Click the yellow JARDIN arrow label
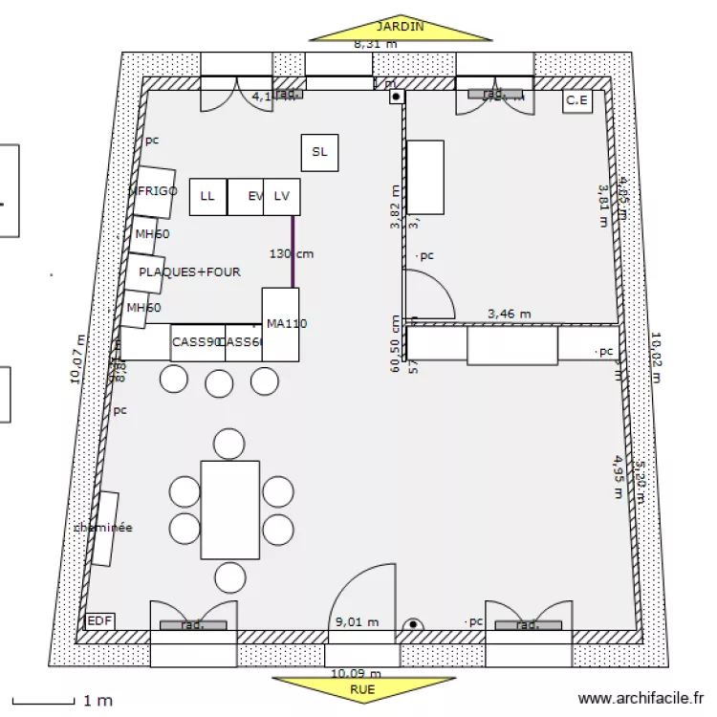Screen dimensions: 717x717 [x=400, y=28]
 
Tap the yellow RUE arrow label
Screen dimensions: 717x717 [x=362, y=688]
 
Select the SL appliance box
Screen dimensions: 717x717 [x=319, y=152]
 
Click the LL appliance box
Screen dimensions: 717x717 [x=207, y=197]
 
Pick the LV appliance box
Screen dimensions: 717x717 [x=281, y=197]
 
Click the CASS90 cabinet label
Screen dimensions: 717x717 [x=197, y=342]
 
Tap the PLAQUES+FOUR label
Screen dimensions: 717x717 [x=189, y=272]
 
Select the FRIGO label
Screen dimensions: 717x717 [x=157, y=191]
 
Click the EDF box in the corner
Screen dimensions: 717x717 [x=99, y=621]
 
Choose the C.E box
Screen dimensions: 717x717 [x=576, y=99]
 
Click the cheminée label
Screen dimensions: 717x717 [x=103, y=528]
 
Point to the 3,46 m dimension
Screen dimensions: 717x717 [x=509, y=313]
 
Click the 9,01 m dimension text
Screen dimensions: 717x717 [x=357, y=622]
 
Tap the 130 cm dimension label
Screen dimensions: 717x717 [x=291, y=254]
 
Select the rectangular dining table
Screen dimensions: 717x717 [x=229, y=510]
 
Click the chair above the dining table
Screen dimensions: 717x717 [x=228, y=444]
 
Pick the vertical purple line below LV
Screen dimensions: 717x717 [x=293, y=251]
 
